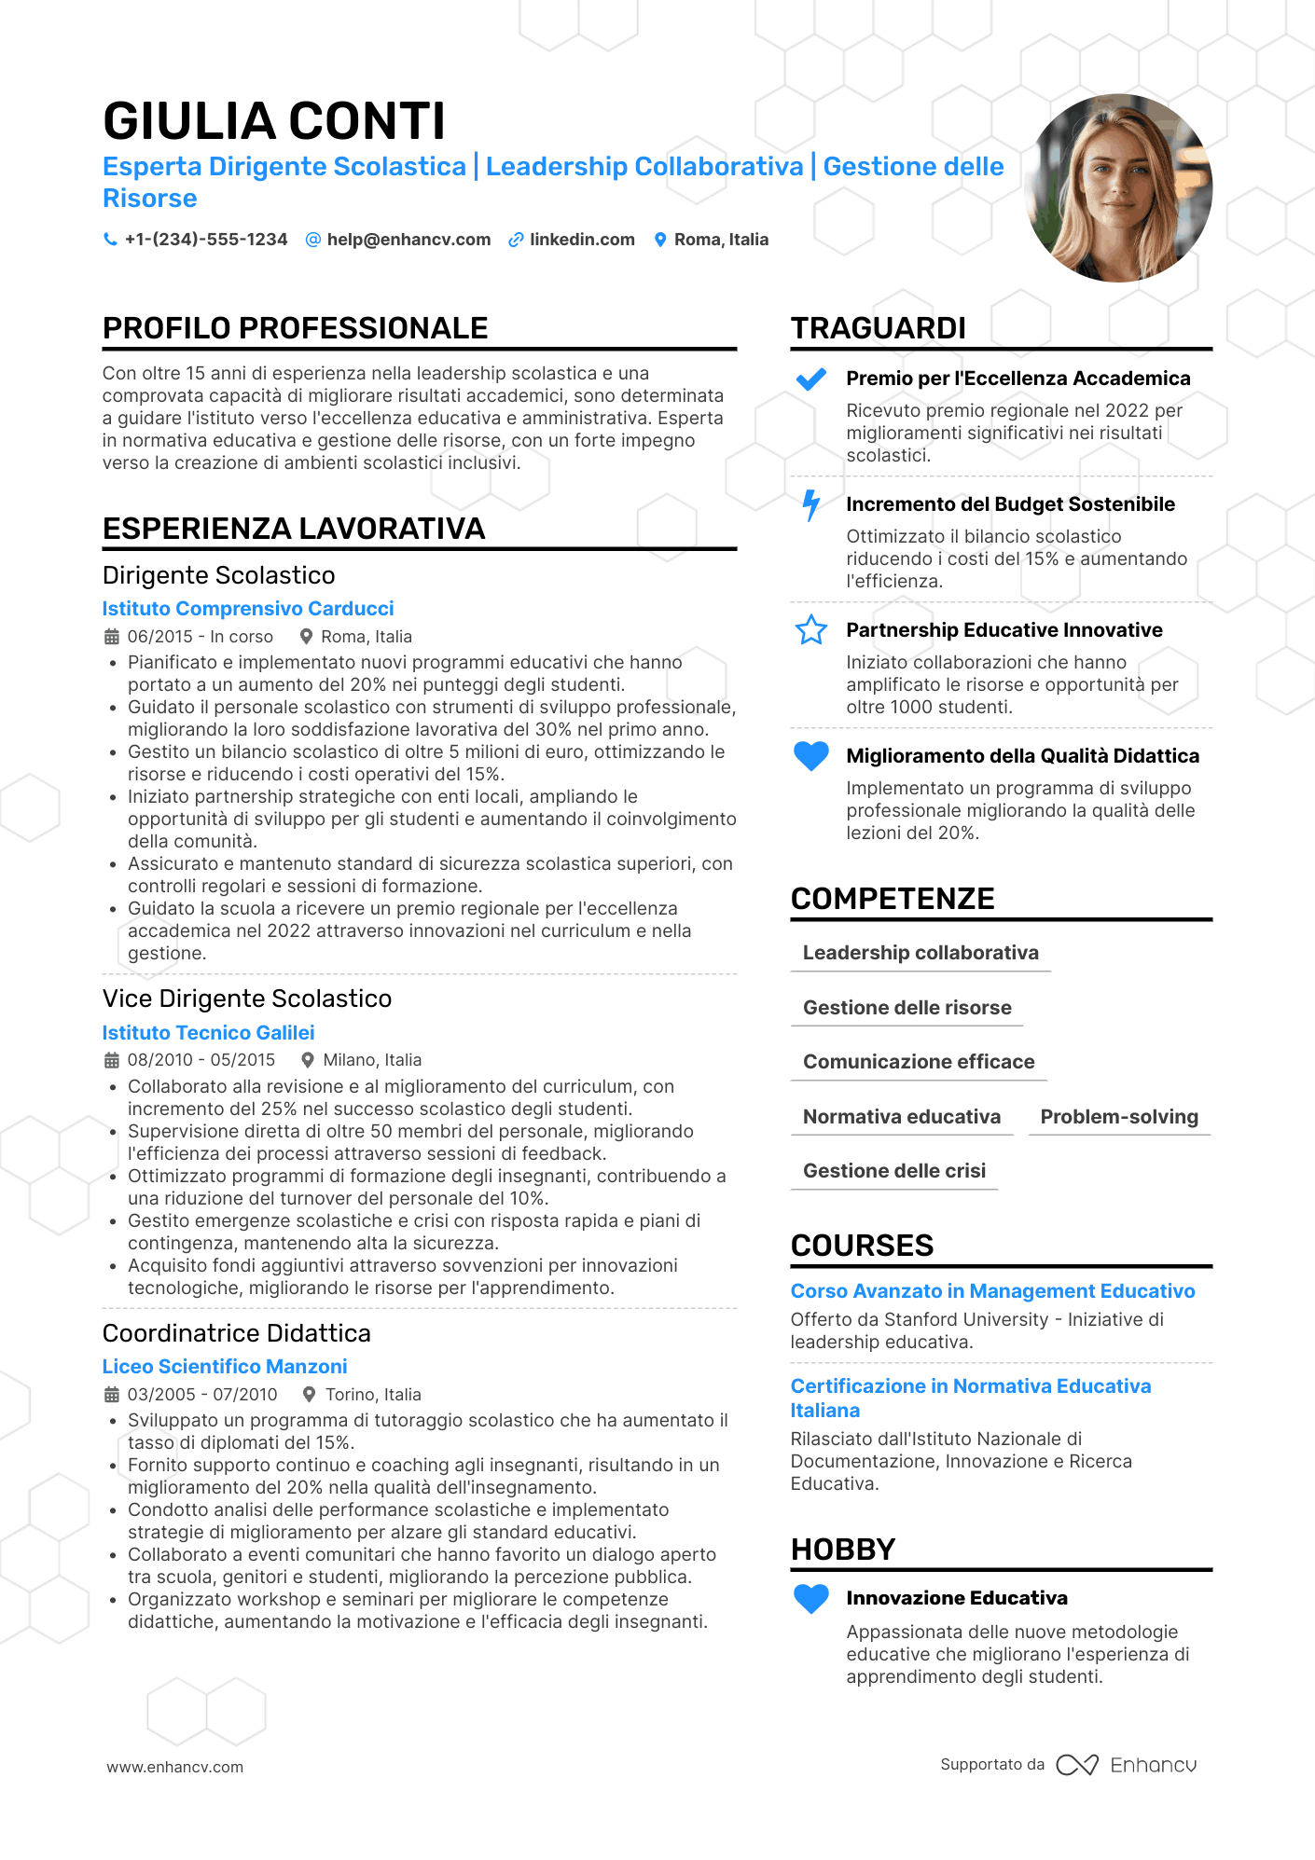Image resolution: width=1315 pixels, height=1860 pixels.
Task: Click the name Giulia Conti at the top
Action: pyautogui.click(x=274, y=121)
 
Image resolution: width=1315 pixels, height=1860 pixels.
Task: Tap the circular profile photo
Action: pyautogui.click(x=1118, y=187)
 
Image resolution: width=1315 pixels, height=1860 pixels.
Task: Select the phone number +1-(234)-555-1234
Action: pyautogui.click(x=206, y=240)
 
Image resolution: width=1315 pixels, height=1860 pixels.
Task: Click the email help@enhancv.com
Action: pyautogui.click(x=408, y=240)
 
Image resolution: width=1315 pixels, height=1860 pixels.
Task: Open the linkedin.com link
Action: pyautogui.click(x=582, y=240)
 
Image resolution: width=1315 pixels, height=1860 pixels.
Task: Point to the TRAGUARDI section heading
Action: pyautogui.click(x=878, y=328)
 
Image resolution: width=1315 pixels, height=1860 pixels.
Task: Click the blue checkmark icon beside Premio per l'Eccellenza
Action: pyautogui.click(x=810, y=379)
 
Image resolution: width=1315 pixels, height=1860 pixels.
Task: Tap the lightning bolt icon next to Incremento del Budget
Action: pyautogui.click(x=810, y=505)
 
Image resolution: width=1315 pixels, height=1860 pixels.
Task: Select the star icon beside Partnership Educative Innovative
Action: pyautogui.click(x=810, y=630)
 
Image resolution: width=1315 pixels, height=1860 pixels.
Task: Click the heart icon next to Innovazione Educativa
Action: pyautogui.click(x=810, y=1598)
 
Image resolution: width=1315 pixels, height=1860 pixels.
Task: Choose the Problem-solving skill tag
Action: pyautogui.click(x=1118, y=1117)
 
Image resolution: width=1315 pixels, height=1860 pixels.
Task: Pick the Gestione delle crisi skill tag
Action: pyautogui.click(x=893, y=1171)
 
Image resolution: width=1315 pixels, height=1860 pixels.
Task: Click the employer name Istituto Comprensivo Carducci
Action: pyautogui.click(x=248, y=609)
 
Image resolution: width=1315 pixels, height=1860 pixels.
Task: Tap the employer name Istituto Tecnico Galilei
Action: pyautogui.click(x=208, y=1033)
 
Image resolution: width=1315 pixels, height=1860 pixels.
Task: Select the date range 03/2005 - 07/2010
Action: pyautogui.click(x=202, y=1395)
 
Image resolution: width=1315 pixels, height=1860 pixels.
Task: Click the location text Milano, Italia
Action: pyautogui.click(x=372, y=1060)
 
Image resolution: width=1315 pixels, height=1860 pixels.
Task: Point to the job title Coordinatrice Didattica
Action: pyautogui.click(x=237, y=1333)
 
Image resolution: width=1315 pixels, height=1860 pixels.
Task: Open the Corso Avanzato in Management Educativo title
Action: pyautogui.click(x=992, y=1291)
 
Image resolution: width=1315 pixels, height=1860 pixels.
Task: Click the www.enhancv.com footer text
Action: pyautogui.click(x=174, y=1767)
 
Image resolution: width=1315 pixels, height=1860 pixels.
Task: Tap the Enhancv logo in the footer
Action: pyautogui.click(x=1127, y=1765)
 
